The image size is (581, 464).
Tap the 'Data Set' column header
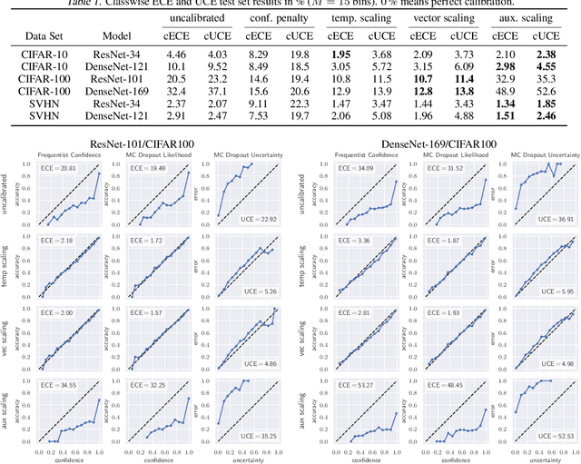pos(36,36)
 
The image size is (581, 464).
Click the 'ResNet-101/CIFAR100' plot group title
pos(152,143)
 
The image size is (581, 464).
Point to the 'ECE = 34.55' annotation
pos(60,386)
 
